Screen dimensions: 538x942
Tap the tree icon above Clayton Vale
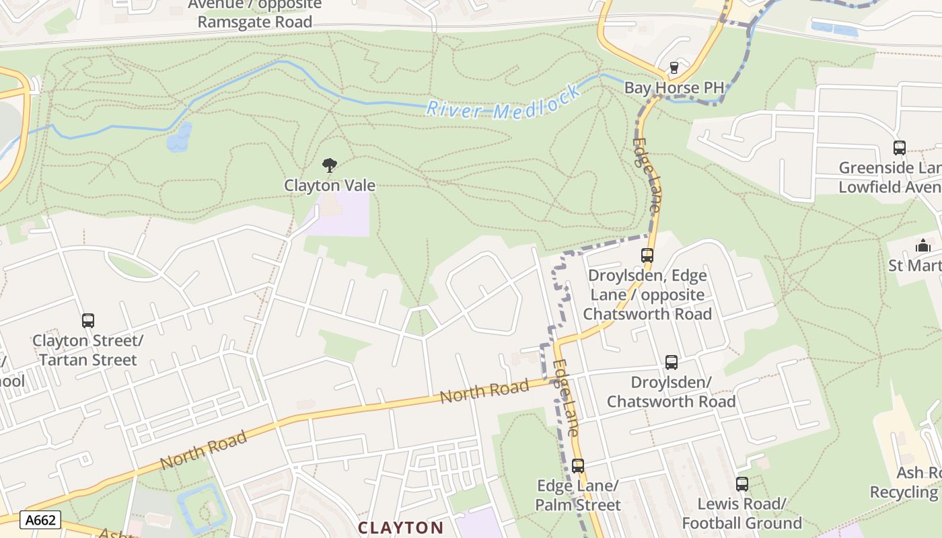pyautogui.click(x=329, y=165)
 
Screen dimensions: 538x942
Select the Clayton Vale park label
pyautogui.click(x=329, y=185)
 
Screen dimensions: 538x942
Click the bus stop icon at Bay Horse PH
pyautogui.click(x=674, y=68)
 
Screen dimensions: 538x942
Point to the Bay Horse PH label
pyautogui.click(x=674, y=88)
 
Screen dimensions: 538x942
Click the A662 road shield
pyautogui.click(x=40, y=520)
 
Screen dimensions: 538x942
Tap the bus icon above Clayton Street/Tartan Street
pyautogui.click(x=88, y=321)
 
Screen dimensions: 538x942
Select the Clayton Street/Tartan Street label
pyautogui.click(x=87, y=350)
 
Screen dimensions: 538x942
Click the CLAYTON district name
pyautogui.click(x=400, y=527)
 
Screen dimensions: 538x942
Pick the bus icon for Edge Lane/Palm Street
pyautogui.click(x=577, y=465)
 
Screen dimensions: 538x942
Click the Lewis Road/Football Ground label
pyautogui.click(x=741, y=513)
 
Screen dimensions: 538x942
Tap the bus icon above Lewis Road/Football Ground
pyautogui.click(x=741, y=484)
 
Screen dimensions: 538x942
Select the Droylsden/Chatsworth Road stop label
pyautogui.click(x=671, y=392)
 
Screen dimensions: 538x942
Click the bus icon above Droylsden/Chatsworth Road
pyautogui.click(x=671, y=362)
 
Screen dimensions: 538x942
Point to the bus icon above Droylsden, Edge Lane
pyautogui.click(x=647, y=256)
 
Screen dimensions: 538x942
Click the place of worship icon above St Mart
pyautogui.click(x=923, y=246)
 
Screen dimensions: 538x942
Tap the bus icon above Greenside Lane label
pyautogui.click(x=899, y=148)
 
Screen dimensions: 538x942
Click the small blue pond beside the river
pyautogui.click(x=179, y=138)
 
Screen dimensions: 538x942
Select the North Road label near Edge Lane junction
pyautogui.click(x=484, y=391)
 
